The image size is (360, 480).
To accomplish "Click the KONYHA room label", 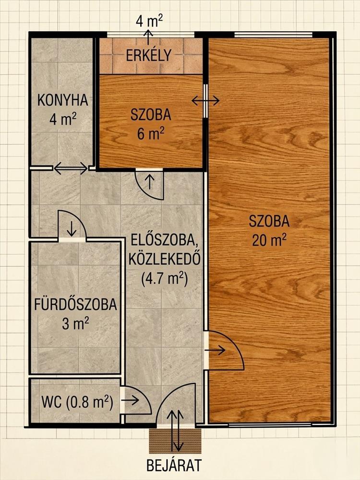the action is click(63, 100).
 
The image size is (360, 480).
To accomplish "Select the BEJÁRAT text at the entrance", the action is click(174, 465).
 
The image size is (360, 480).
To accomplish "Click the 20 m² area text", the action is click(269, 240).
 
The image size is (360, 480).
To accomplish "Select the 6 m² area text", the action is click(151, 134).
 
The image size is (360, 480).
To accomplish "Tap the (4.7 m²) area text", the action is click(164, 279).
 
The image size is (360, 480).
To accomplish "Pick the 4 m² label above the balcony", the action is click(149, 21).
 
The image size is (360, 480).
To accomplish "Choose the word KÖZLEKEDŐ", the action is click(164, 259).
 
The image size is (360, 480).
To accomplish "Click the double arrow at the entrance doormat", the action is click(175, 431).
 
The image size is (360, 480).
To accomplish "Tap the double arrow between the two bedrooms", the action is click(205, 100).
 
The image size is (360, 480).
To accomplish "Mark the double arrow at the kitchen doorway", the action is click(71, 168).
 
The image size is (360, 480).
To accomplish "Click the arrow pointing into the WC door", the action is click(130, 400).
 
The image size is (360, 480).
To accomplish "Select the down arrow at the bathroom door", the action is click(72, 228).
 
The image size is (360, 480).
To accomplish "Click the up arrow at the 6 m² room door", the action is click(150, 181).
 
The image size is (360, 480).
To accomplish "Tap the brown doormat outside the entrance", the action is click(175, 441).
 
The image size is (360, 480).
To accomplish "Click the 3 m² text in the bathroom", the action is click(76, 324).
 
